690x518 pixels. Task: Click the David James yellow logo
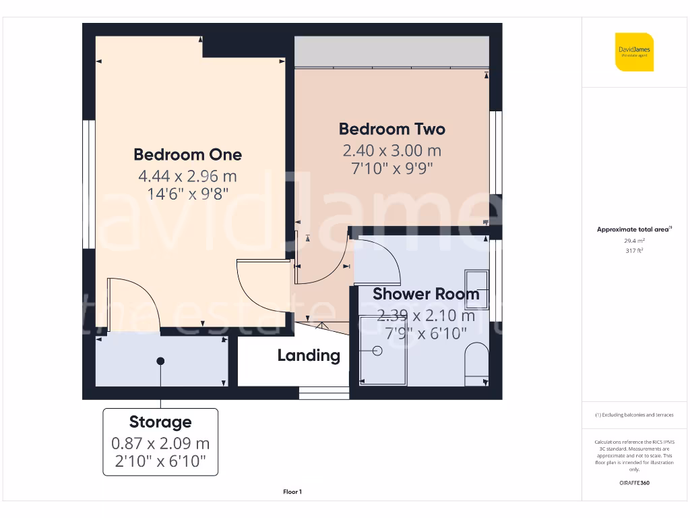click(634, 52)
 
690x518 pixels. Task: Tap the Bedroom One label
click(187, 154)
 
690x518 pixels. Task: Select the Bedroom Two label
click(391, 129)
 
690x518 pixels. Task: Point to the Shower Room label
click(426, 294)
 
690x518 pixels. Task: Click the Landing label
click(309, 355)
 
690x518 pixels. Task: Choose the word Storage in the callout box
click(160, 422)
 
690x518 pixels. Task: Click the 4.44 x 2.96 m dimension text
click(187, 177)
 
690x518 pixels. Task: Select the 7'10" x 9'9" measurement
click(391, 168)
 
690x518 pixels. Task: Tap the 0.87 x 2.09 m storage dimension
click(160, 444)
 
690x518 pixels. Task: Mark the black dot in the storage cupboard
click(160, 362)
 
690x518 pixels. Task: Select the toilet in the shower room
click(478, 364)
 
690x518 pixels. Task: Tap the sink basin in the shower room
click(477, 281)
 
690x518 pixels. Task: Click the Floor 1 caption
click(292, 492)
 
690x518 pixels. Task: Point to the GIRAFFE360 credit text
click(634, 483)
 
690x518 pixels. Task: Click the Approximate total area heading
click(633, 229)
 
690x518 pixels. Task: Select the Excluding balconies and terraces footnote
click(634, 415)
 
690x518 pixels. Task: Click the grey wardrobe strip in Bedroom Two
click(391, 52)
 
